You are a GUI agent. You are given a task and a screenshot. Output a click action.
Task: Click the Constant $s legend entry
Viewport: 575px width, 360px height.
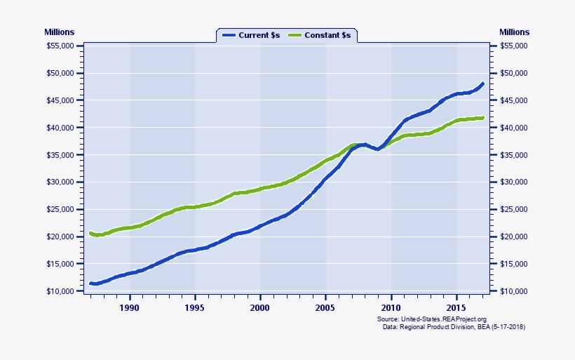[x=322, y=35]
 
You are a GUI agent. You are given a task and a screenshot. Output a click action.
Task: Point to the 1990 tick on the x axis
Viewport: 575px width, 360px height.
[x=130, y=307]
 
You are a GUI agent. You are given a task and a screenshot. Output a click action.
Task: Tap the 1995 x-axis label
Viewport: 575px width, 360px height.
[x=195, y=307]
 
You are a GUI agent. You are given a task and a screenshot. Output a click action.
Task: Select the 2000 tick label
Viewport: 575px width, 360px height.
[x=260, y=307]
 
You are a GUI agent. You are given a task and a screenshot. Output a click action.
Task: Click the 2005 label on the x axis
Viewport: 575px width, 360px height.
[x=325, y=307]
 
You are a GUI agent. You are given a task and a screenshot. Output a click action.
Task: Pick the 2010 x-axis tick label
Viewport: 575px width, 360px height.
[x=391, y=307]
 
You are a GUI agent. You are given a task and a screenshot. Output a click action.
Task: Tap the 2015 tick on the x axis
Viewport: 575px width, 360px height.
[x=456, y=307]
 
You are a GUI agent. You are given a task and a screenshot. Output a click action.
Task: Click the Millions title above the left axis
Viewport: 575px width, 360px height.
[x=59, y=32]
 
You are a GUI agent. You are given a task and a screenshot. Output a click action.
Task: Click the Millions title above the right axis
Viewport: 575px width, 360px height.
[x=514, y=32]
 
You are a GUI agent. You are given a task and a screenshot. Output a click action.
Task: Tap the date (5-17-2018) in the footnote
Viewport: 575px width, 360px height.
[x=504, y=327]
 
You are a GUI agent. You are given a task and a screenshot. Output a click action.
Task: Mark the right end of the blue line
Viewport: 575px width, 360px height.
[x=483, y=84]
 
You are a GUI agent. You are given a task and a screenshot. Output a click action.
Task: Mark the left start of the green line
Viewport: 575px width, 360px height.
[x=90, y=233]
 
